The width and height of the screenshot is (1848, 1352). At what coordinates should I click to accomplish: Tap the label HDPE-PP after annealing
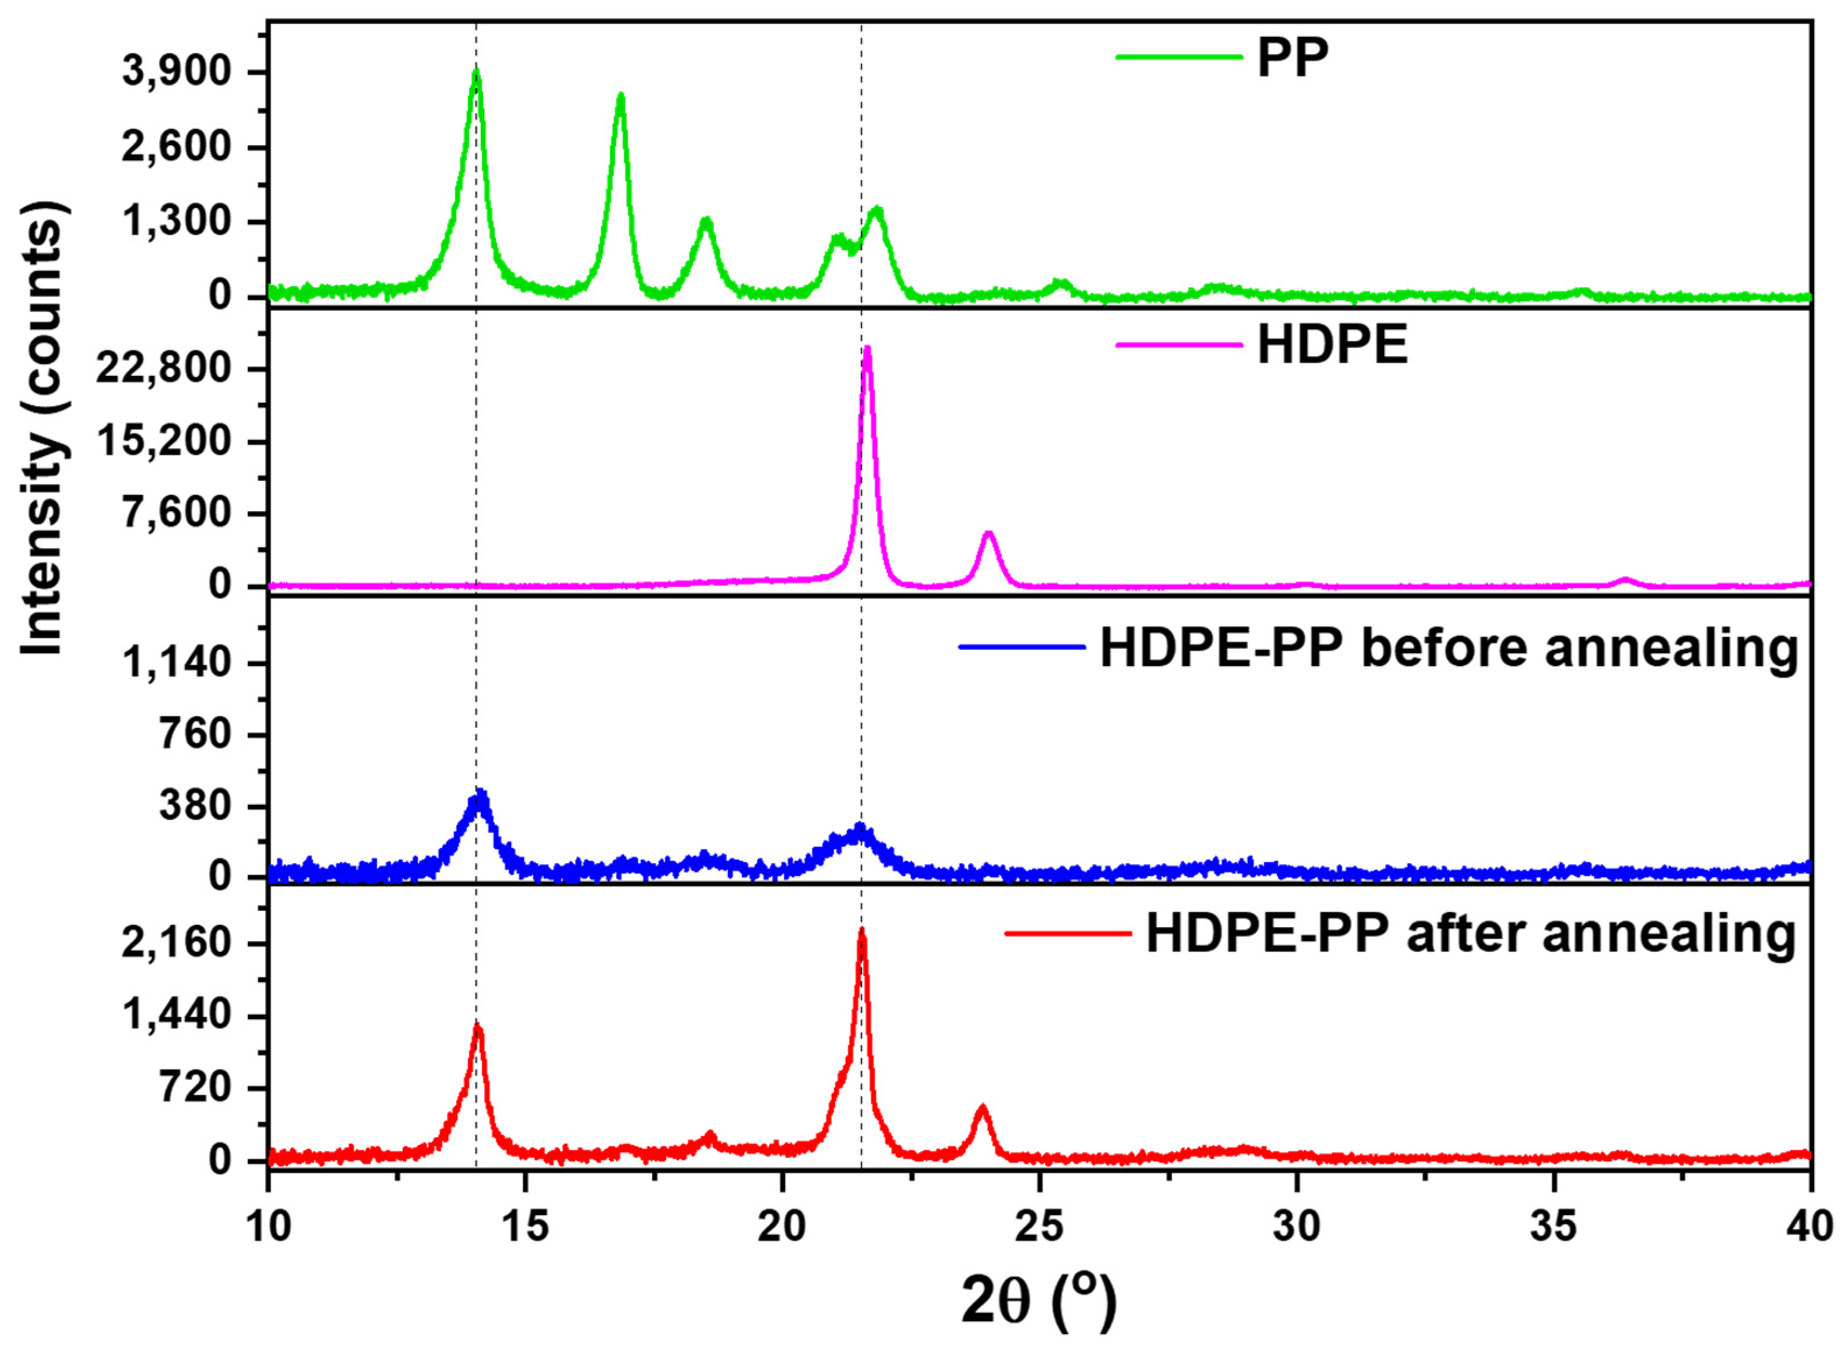1471,933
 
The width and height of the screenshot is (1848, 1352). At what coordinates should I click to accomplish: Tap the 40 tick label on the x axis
1810,1228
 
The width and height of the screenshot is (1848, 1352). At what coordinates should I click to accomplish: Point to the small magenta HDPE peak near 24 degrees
988,534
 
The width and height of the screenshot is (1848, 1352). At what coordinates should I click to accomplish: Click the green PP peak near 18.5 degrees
706,221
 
